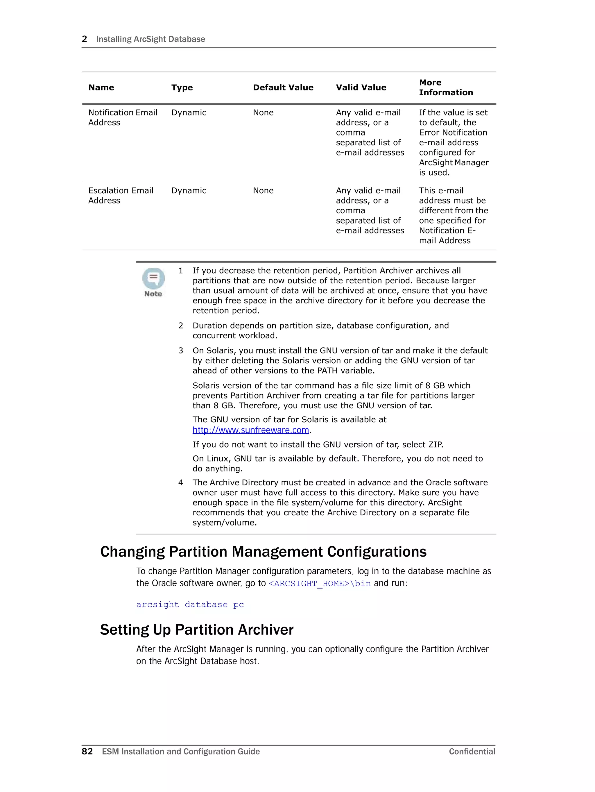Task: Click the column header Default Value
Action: pos(283,87)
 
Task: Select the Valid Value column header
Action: pos(361,87)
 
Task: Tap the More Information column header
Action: pos(446,87)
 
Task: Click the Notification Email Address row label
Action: pos(122,117)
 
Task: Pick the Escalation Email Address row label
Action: pos(121,196)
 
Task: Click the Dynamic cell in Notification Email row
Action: pos(189,112)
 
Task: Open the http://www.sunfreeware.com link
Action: pos(251,430)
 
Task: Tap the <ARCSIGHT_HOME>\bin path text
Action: pos(319,583)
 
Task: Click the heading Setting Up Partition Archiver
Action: pos(197,630)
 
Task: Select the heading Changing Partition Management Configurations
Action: pos(263,552)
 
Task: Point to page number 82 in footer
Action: pos(87,751)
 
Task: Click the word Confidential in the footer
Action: pos(472,752)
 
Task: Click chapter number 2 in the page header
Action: pos(85,39)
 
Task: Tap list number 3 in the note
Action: pos(181,351)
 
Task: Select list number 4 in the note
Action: pos(181,483)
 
